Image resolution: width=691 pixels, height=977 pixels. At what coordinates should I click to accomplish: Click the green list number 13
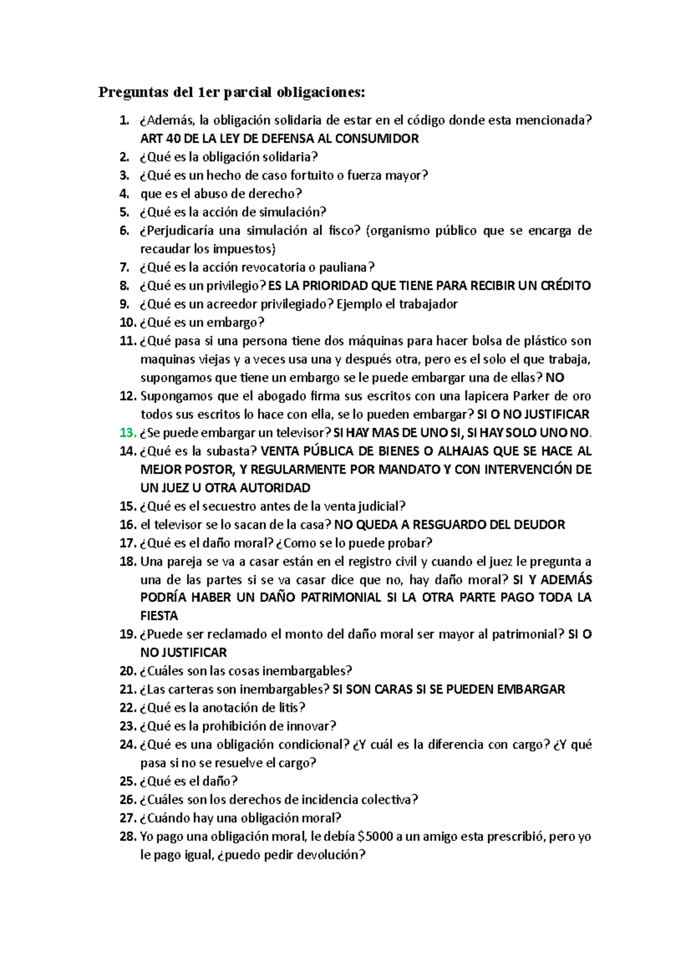click(x=127, y=433)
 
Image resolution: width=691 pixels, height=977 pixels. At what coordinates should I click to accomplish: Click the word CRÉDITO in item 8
click(x=565, y=286)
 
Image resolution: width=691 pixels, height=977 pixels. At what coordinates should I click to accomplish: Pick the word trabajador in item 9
click(x=429, y=304)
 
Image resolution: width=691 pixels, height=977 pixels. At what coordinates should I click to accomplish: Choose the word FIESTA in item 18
click(x=159, y=616)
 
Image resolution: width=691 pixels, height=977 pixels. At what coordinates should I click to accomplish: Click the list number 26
click(x=127, y=800)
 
